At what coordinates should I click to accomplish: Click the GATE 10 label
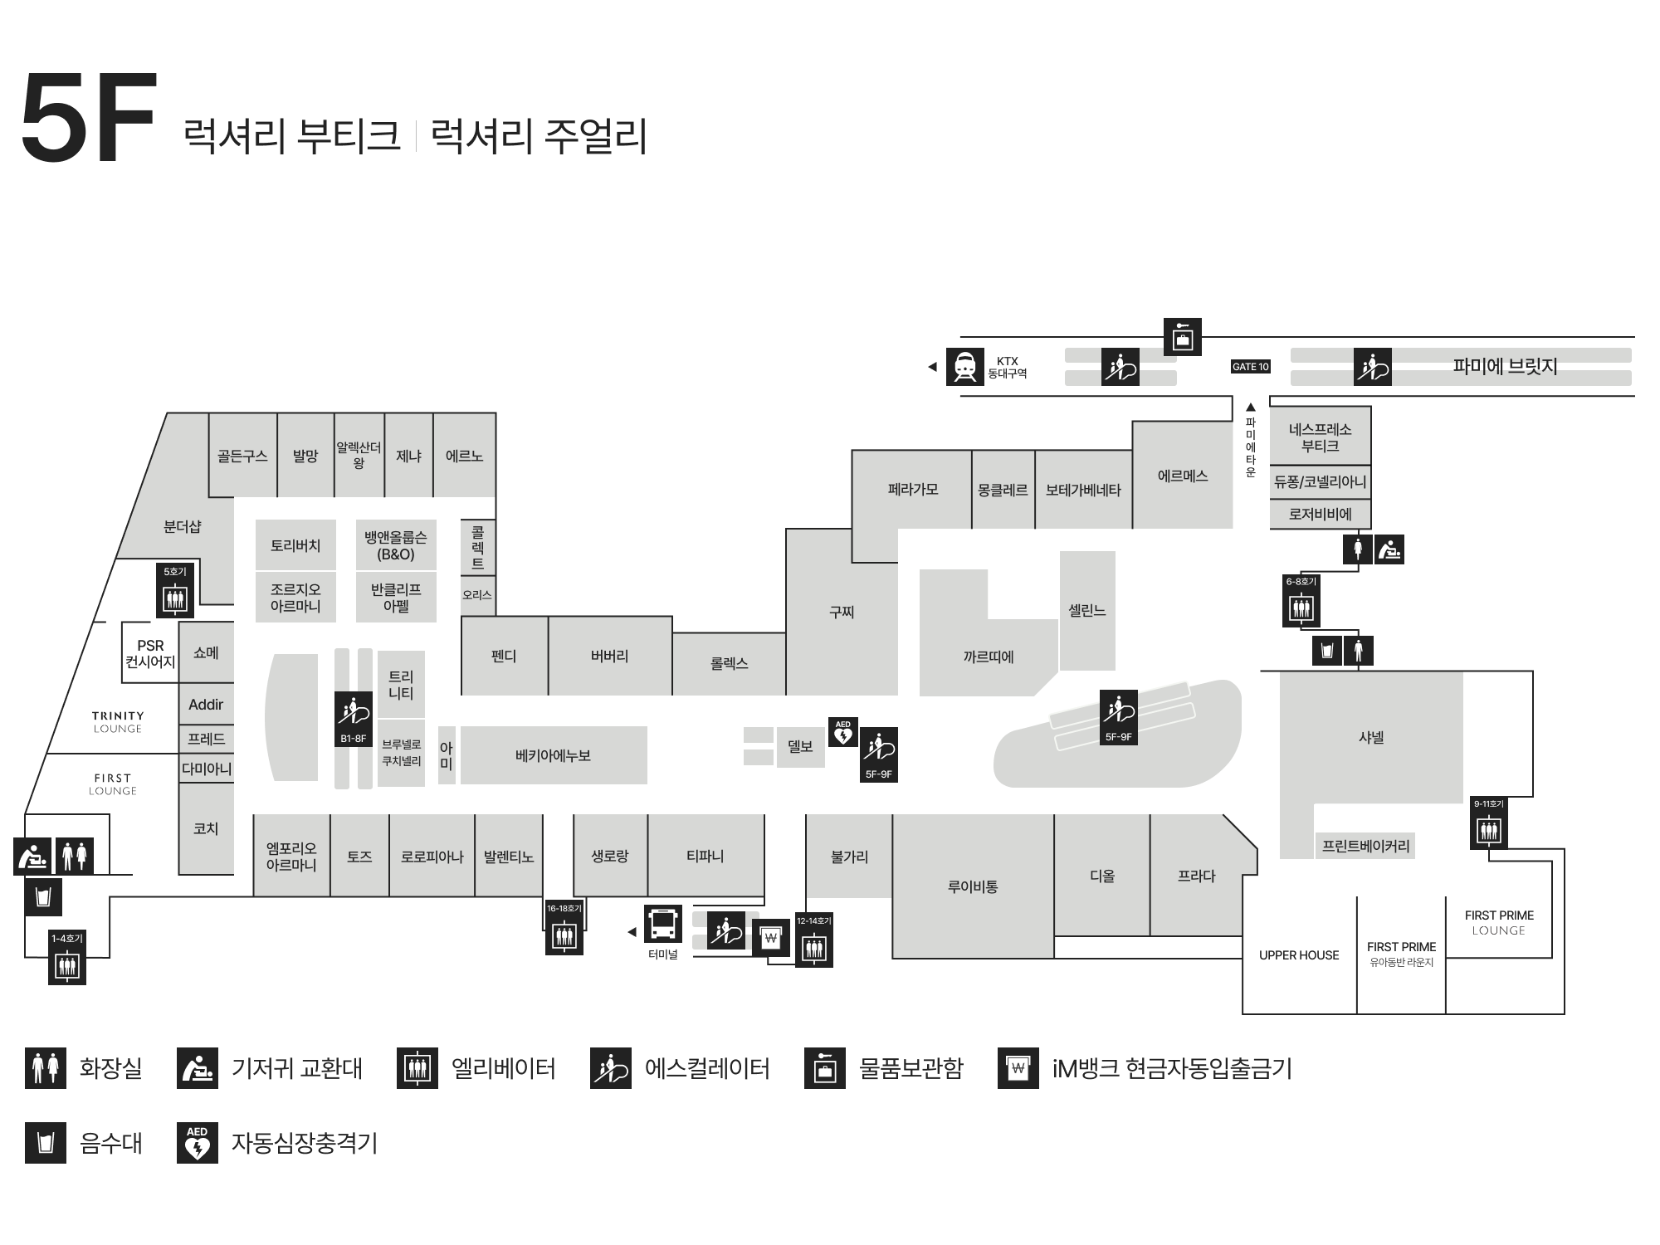(x=1250, y=367)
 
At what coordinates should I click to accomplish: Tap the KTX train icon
(x=964, y=367)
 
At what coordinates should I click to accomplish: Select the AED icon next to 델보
(x=843, y=732)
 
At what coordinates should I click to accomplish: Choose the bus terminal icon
(x=663, y=924)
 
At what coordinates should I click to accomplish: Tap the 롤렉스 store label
(x=729, y=663)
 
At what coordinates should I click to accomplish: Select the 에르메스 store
(x=1182, y=476)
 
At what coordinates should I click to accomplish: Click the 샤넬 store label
(x=1371, y=737)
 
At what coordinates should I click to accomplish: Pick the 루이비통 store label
(x=973, y=886)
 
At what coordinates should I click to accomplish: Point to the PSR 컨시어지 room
(x=150, y=653)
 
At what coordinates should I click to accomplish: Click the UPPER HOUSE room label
(x=1299, y=955)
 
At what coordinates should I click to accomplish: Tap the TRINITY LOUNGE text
(x=118, y=722)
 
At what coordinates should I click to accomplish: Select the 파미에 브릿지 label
(x=1504, y=366)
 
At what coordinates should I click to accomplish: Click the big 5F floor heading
(x=88, y=118)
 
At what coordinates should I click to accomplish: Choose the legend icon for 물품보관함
(x=825, y=1068)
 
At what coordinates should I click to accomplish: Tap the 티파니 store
(x=705, y=856)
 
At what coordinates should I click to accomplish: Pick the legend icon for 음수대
(x=46, y=1143)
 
